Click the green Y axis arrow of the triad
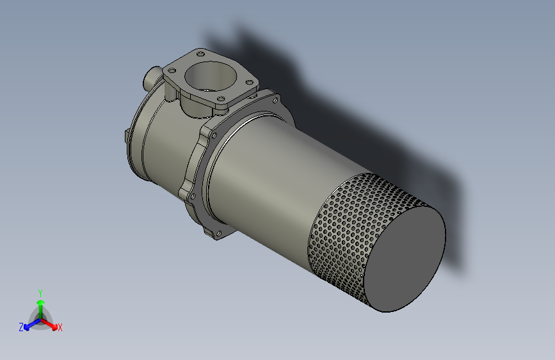click(40, 304)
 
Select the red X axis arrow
click(52, 323)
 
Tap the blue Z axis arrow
click(29, 325)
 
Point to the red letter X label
click(60, 328)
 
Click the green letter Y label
click(40, 292)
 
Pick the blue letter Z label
click(21, 327)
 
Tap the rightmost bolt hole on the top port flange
click(249, 81)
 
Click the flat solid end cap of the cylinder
click(404, 259)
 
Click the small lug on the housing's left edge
click(126, 137)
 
